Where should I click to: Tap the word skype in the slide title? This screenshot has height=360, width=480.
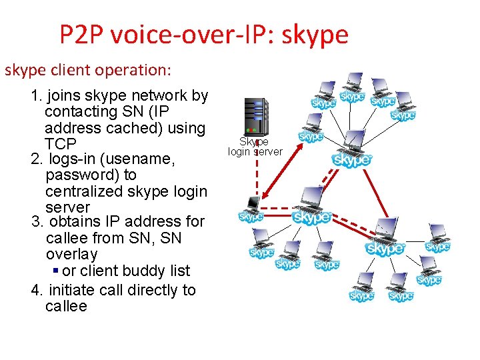click(315, 35)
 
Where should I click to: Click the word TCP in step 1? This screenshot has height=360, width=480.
click(61, 144)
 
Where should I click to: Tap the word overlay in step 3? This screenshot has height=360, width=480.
click(71, 255)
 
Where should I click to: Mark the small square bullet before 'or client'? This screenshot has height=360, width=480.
click(55, 271)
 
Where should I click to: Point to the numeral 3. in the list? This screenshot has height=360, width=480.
click(37, 221)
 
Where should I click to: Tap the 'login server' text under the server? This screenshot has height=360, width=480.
click(255, 152)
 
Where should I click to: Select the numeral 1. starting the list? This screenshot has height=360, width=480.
click(37, 96)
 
